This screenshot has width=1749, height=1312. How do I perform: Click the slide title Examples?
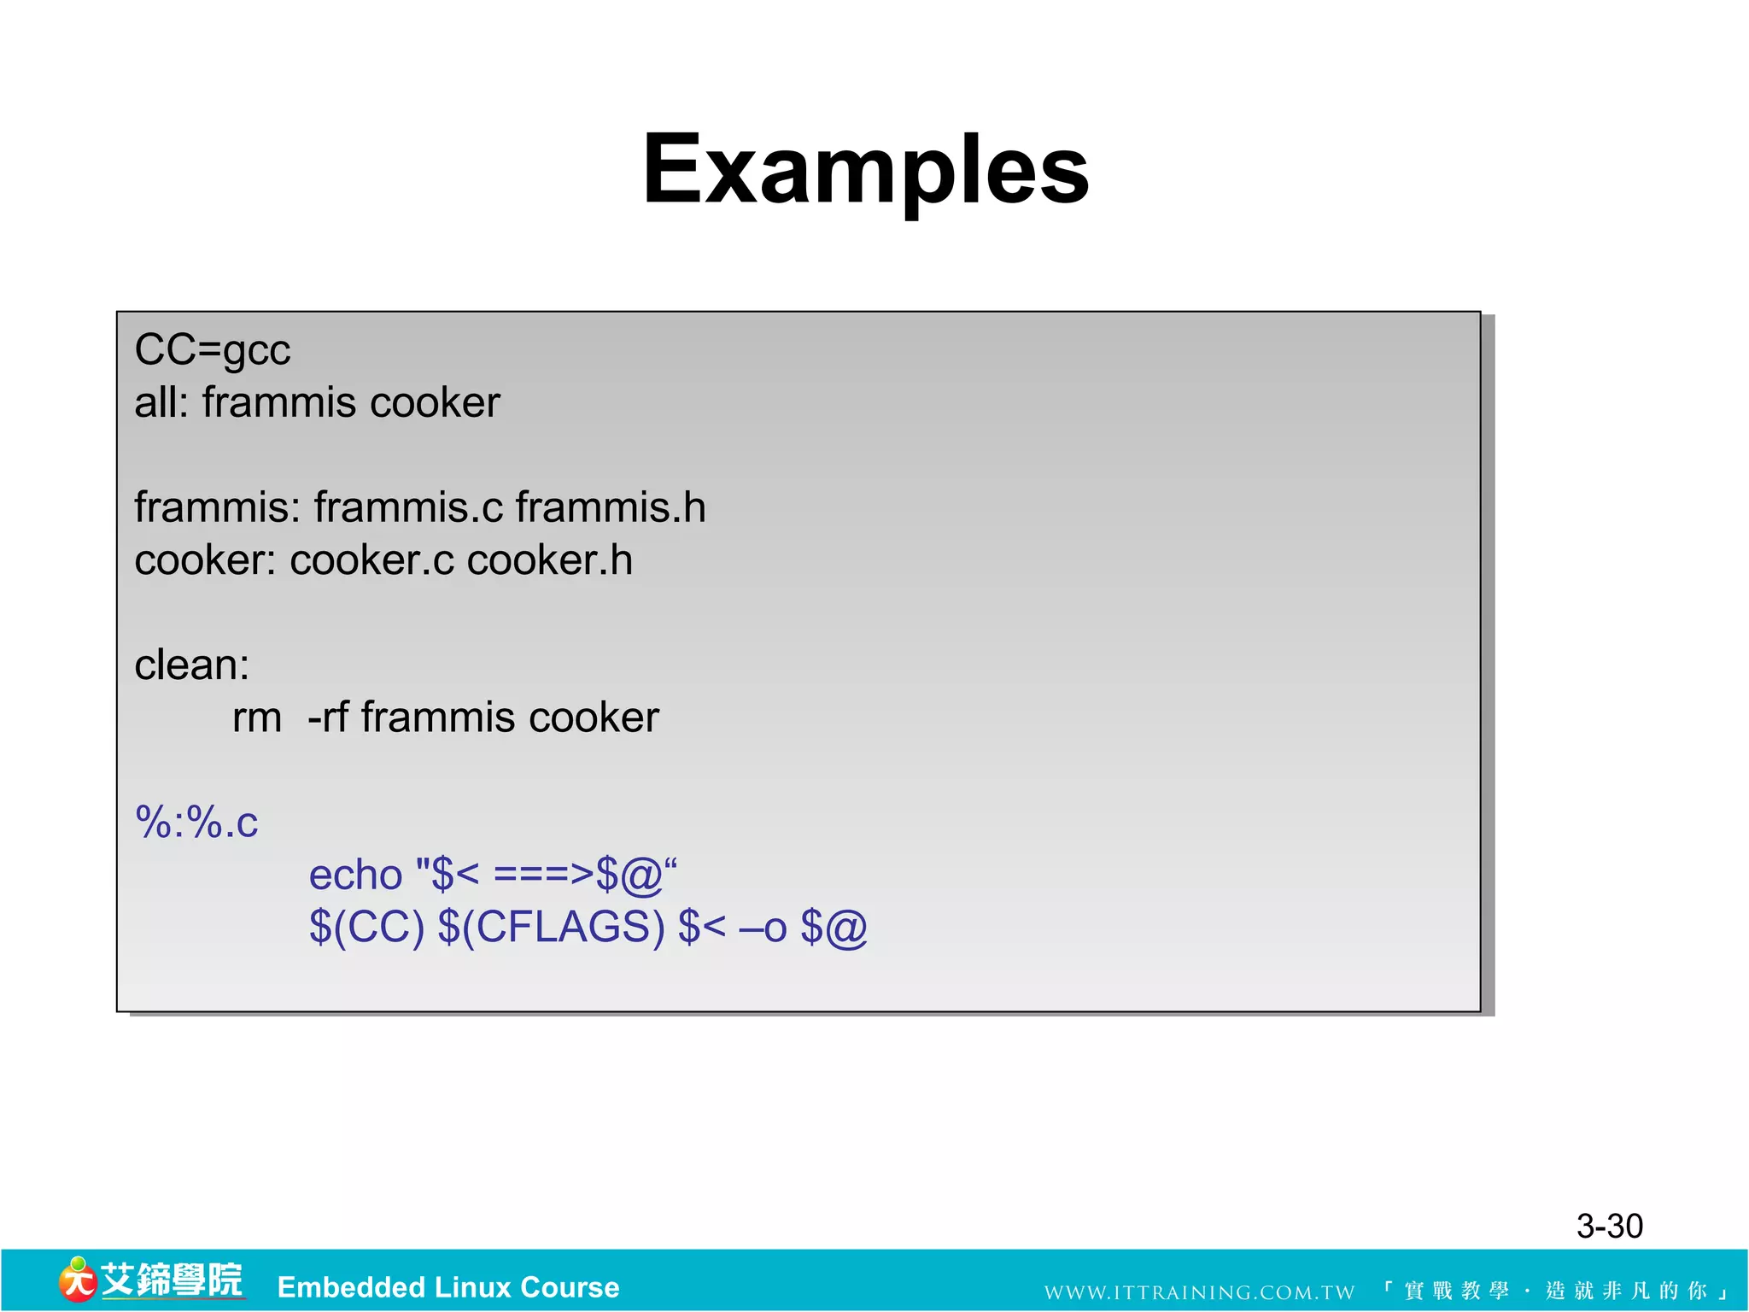tap(865, 169)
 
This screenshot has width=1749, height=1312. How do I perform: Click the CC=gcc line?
tap(213, 350)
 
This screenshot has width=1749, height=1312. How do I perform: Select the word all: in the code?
tap(161, 402)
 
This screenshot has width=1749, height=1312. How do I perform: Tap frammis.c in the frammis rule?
tap(408, 507)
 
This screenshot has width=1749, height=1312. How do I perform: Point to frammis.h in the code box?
tap(611, 507)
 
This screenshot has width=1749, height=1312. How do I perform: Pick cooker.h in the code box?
tap(550, 560)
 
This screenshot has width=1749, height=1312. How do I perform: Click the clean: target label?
tap(192, 665)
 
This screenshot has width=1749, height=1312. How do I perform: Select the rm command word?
tap(257, 717)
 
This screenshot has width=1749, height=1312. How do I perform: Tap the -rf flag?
tap(328, 717)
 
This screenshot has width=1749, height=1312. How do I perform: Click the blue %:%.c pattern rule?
tap(196, 823)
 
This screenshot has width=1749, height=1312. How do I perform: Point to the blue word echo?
tap(355, 875)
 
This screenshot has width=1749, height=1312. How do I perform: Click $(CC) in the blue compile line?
tap(366, 928)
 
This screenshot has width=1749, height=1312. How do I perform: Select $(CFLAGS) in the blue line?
tap(551, 928)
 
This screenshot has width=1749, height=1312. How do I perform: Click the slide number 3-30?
tap(1609, 1226)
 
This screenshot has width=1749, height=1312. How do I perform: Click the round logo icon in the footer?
tap(77, 1280)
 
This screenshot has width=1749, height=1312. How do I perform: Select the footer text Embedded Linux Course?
tap(448, 1287)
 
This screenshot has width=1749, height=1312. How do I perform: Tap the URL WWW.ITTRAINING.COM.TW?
tap(1199, 1292)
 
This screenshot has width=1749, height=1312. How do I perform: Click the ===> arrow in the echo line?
tap(543, 875)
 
